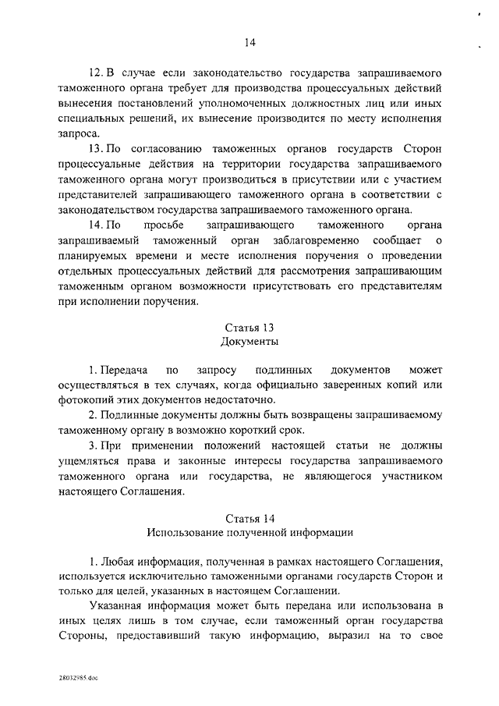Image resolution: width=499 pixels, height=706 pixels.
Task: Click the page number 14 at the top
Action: pos(249,42)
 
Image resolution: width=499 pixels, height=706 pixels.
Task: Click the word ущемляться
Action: pos(87,462)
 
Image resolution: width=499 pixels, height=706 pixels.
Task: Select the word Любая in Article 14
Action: pos(119,561)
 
